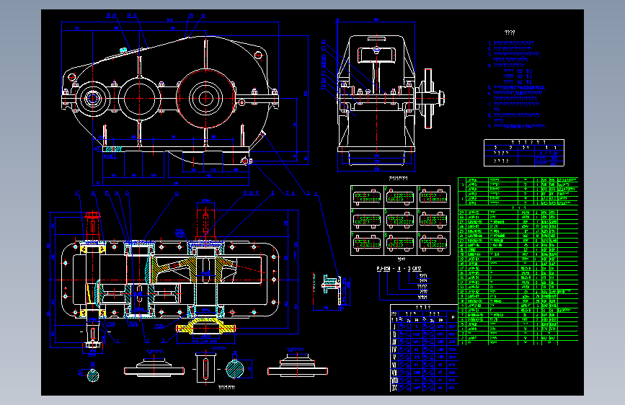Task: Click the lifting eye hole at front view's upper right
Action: pos(258,55)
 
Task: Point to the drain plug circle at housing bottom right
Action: pos(246,160)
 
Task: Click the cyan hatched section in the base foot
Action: pos(112,150)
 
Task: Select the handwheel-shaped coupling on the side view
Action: pos(431,97)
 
